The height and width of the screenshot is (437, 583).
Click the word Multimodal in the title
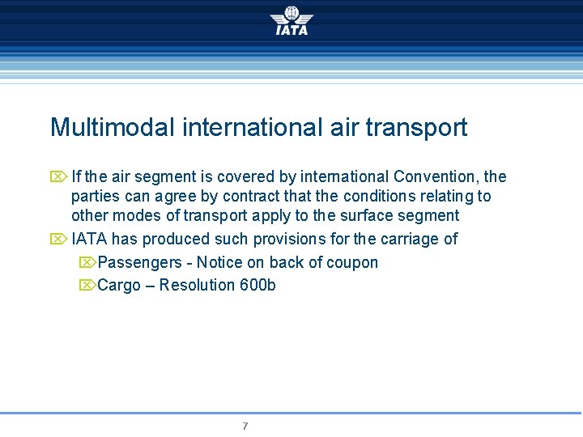click(113, 128)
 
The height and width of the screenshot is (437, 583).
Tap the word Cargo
click(119, 286)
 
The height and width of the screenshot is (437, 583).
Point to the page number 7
click(245, 426)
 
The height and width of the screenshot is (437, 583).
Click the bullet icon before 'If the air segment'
click(57, 176)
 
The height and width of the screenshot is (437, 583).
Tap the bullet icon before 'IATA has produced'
click(57, 240)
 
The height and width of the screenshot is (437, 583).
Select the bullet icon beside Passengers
click(87, 263)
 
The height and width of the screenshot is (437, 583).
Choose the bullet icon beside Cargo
click(87, 286)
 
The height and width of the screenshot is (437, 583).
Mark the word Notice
click(219, 263)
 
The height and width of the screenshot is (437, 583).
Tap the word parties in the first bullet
click(93, 197)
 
